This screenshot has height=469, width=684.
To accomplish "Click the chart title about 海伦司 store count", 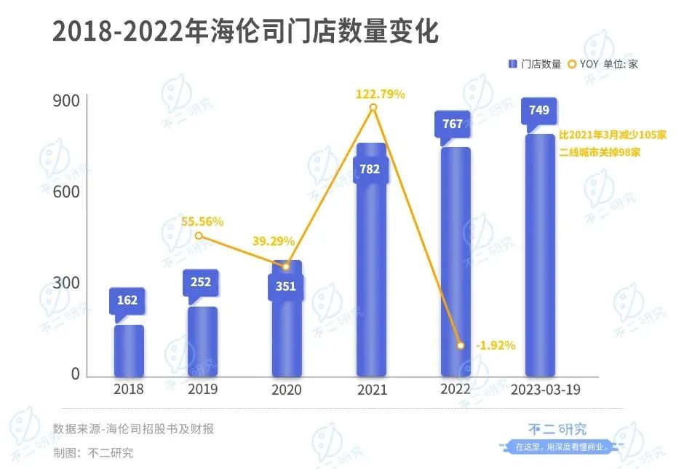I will (x=246, y=33).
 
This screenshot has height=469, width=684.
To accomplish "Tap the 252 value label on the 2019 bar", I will (x=200, y=283).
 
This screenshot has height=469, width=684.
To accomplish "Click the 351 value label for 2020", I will (x=286, y=286).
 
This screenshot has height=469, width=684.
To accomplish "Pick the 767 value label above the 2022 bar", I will (x=453, y=124).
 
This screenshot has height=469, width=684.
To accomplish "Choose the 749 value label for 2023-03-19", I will (x=539, y=111).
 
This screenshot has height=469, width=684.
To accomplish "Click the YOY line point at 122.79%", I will (x=373, y=108).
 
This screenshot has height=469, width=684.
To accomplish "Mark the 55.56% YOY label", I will (x=203, y=221).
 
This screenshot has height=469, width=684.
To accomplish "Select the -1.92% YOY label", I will (x=496, y=345).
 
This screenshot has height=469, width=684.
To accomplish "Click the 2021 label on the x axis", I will (x=372, y=390).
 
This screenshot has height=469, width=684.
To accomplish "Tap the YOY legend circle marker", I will (x=572, y=64).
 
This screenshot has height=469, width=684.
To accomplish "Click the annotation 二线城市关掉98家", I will (x=600, y=153).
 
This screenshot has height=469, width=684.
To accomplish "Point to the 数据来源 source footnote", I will (x=133, y=429).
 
